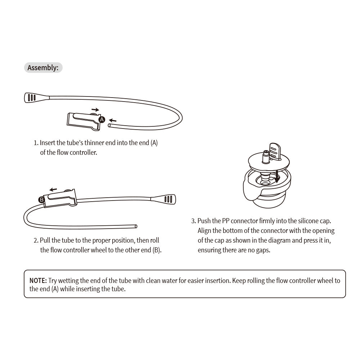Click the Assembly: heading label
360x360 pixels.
tap(43, 68)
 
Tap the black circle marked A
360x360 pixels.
tap(102, 120)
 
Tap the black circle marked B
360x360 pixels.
tap(41, 199)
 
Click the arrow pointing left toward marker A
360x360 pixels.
tap(113, 120)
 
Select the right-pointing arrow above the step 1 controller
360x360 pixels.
tap(95, 109)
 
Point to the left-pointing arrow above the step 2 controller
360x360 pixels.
tap(53, 189)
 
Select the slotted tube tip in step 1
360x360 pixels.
tap(32, 97)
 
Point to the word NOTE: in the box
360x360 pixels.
tap(38, 281)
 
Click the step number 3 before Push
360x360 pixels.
tap(193, 221)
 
